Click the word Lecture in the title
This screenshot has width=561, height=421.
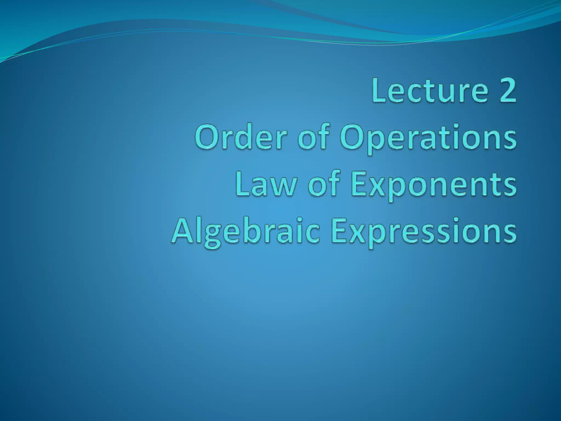(x=430, y=90)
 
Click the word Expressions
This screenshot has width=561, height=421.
(x=423, y=232)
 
